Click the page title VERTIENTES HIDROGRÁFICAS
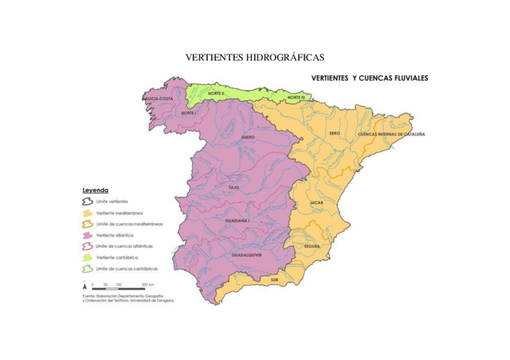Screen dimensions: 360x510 point(254,58)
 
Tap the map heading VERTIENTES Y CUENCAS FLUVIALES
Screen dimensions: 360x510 point(369,78)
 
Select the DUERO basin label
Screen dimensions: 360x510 point(248,138)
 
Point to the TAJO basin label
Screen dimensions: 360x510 point(234,188)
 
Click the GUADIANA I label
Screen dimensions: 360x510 point(237,221)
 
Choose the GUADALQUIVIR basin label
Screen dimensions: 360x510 point(248,255)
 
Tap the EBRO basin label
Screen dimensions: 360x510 point(334,133)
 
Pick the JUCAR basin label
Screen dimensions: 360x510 point(317,203)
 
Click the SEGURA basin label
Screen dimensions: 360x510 point(312,246)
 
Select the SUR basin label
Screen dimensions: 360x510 point(275,280)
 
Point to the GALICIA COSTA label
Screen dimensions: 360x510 point(158,98)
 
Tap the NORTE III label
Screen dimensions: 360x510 point(296,97)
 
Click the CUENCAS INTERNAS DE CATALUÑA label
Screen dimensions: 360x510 point(391,134)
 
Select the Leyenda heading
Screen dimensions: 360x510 point(95,190)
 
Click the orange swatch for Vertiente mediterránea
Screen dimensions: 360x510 point(87,213)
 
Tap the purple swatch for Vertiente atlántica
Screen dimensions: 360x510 point(87,235)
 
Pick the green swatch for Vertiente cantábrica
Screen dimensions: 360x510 point(87,257)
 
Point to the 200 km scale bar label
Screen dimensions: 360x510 point(147,284)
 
